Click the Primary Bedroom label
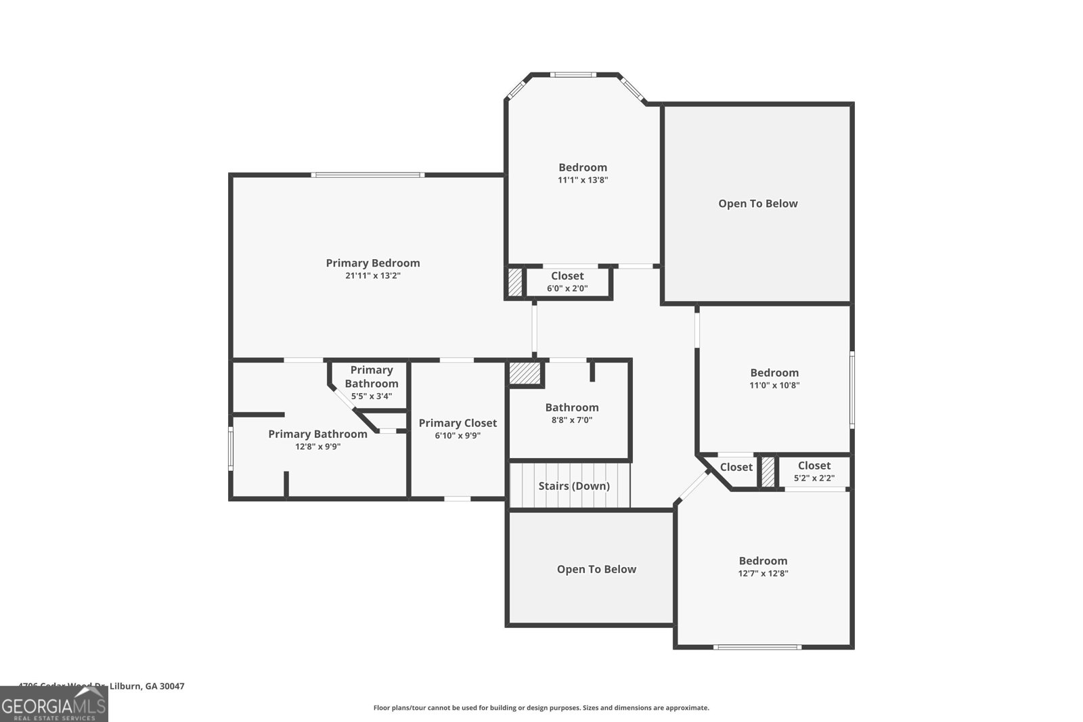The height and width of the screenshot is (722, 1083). pyautogui.click(x=373, y=263)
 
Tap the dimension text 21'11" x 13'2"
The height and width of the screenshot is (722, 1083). pyautogui.click(x=373, y=276)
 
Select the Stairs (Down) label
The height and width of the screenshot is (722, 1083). pyautogui.click(x=574, y=486)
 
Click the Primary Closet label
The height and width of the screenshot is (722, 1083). pyautogui.click(x=458, y=423)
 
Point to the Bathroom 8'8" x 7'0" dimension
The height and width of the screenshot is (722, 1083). pyautogui.click(x=572, y=420)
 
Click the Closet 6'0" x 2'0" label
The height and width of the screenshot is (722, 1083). pyautogui.click(x=567, y=276)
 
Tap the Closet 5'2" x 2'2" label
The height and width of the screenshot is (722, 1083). pyautogui.click(x=814, y=466)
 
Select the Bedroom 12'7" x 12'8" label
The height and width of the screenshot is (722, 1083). pyautogui.click(x=763, y=561)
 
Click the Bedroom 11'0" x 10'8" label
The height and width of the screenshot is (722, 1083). pyautogui.click(x=774, y=373)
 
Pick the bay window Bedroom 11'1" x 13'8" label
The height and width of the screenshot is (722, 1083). pyautogui.click(x=583, y=168)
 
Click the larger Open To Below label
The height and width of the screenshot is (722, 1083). pyautogui.click(x=758, y=204)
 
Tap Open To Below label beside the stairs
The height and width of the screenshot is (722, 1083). pyautogui.click(x=596, y=570)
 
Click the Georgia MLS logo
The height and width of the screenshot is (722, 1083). pyautogui.click(x=53, y=704)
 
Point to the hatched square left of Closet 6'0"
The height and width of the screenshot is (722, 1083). pyautogui.click(x=516, y=281)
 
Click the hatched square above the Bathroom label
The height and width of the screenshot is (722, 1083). pyautogui.click(x=525, y=373)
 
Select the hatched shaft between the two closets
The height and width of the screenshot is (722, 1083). pyautogui.click(x=768, y=472)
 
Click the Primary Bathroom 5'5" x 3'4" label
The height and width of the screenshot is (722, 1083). pyautogui.click(x=372, y=377)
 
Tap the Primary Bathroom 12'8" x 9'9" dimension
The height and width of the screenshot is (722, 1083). pyautogui.click(x=317, y=447)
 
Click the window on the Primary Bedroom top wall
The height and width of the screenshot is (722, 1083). pyautogui.click(x=368, y=175)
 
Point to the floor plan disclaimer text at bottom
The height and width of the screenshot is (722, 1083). pyautogui.click(x=541, y=708)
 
